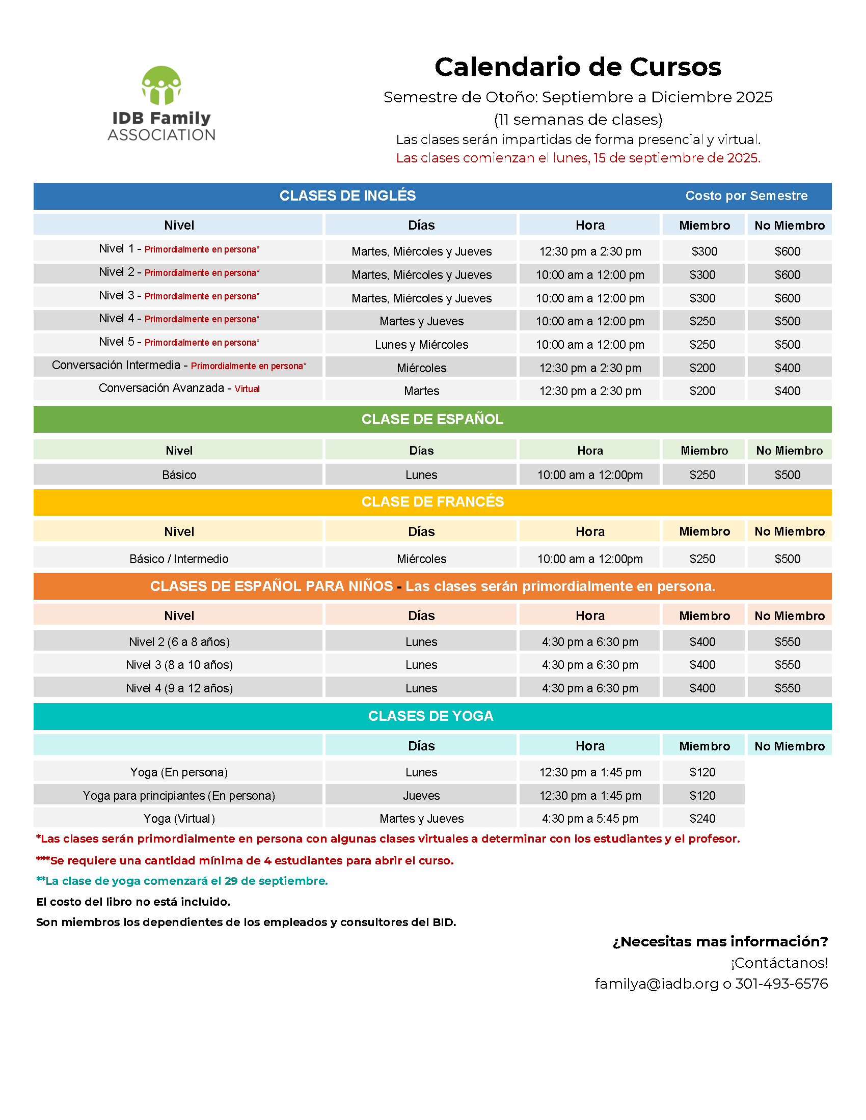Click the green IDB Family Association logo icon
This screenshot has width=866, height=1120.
[161, 86]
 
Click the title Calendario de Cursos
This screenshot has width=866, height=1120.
[578, 67]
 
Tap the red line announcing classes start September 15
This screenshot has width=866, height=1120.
[578, 158]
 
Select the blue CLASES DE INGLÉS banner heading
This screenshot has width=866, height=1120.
[347, 196]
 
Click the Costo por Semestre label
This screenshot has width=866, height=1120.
[746, 196]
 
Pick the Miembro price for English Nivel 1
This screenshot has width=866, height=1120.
[704, 251]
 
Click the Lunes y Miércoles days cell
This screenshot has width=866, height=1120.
[421, 345]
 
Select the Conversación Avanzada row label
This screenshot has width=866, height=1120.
[161, 388]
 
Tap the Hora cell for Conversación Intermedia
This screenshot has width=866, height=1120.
[590, 368]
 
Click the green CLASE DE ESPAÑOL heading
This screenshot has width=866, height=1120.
[432, 419]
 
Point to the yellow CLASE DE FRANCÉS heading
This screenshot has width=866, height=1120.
[432, 501]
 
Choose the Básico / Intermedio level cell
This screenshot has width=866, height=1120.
[178, 558]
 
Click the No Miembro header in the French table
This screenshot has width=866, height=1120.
[789, 531]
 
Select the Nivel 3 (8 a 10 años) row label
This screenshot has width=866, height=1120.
[179, 664]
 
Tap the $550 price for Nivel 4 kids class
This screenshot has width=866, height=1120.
[788, 688]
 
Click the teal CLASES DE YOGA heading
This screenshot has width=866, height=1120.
[430, 716]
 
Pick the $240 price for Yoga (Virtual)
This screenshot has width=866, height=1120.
[702, 819]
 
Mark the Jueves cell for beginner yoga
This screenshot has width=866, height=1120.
[421, 795]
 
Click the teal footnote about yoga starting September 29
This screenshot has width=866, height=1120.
[182, 881]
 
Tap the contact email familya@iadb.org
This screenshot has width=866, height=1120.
[656, 984]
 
